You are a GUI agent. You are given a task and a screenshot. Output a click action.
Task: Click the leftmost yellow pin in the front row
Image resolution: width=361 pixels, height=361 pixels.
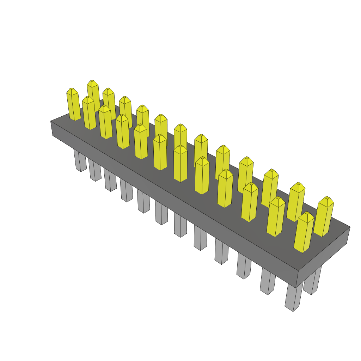pos(73,105)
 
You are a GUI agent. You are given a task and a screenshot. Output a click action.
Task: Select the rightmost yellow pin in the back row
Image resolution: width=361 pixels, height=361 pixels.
pos(324,217)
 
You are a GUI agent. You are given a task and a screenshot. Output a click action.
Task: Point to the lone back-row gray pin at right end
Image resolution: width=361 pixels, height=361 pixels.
pos(312,282)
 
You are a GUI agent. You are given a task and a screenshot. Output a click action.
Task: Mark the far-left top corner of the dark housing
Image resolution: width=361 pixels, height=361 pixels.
pos(51,121)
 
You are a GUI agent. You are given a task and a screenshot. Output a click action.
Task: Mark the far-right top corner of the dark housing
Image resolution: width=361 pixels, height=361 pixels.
pos(350,227)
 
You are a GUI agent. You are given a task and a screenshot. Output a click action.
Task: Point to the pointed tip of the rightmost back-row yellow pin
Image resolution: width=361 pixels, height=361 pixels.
pos(328,197)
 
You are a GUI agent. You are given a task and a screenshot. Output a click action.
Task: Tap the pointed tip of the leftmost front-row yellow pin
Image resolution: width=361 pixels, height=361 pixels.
pos(71,88)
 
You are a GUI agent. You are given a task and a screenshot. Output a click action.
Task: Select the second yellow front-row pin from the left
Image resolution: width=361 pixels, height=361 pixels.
pos(89,114)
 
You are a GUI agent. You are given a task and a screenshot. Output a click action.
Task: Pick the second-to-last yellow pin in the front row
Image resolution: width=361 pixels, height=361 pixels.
pos(276,217)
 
